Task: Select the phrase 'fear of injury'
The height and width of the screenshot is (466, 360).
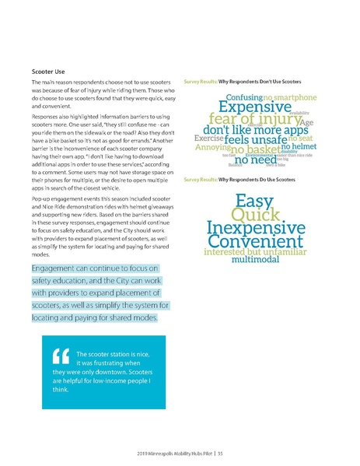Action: (x=244, y=122)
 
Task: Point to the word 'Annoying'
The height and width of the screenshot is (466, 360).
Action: (x=212, y=147)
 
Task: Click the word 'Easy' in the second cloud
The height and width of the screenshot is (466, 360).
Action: (x=253, y=201)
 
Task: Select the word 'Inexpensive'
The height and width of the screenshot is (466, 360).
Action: (x=256, y=230)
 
